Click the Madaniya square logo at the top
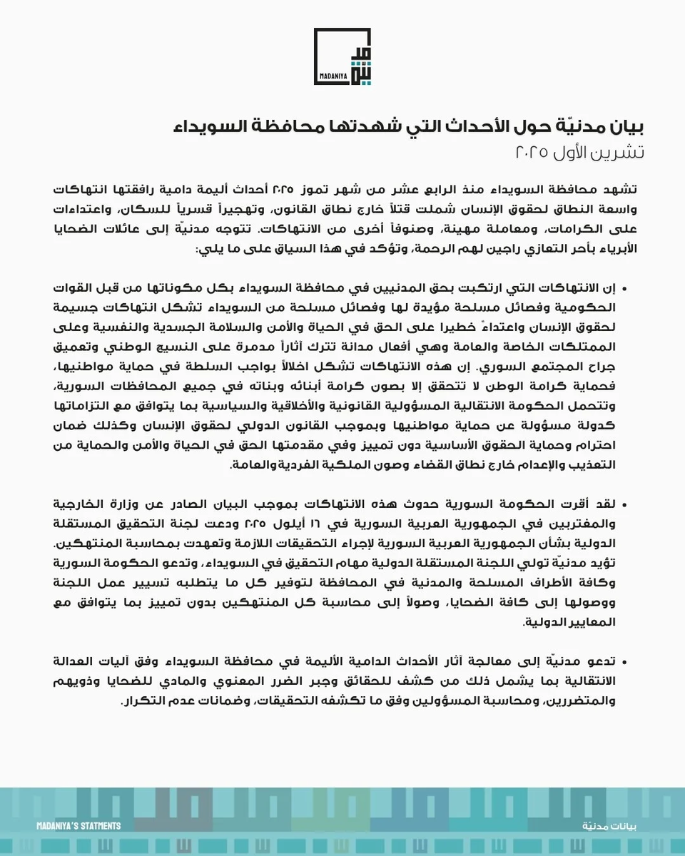(x=342, y=56)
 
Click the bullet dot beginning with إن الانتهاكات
(x=624, y=289)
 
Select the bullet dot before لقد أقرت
(x=624, y=505)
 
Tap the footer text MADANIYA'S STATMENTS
(x=78, y=826)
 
